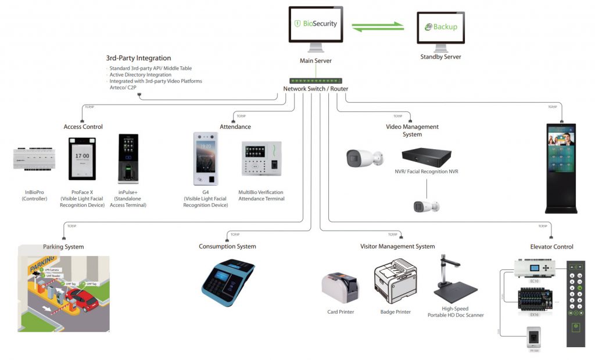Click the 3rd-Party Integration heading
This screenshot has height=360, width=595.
(x=138, y=58)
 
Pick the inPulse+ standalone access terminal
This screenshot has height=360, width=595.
(x=128, y=159)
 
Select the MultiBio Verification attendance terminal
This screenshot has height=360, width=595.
(x=261, y=159)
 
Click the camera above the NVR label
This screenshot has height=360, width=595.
(x=364, y=157)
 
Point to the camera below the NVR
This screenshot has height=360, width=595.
(x=426, y=206)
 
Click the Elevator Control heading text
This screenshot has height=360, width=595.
(x=551, y=247)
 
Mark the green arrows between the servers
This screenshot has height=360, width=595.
(x=378, y=26)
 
